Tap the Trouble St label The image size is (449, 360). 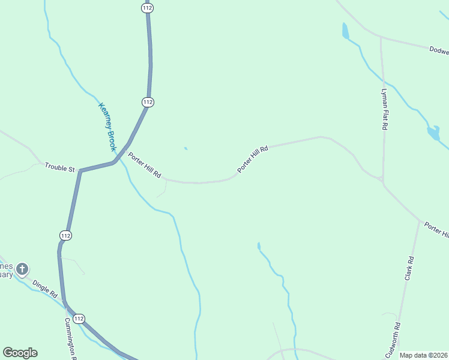[x=59, y=168]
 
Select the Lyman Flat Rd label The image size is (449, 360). [x=385, y=110]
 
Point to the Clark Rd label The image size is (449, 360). [x=409, y=268]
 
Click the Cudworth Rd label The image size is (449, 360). [x=397, y=340]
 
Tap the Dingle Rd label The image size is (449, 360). [x=45, y=289]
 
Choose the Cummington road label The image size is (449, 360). [x=70, y=337]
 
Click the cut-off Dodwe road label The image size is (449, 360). [x=439, y=50]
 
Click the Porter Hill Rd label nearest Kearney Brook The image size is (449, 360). [x=145, y=164]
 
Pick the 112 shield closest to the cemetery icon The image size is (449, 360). [x=65, y=236]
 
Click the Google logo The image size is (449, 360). [x=20, y=353]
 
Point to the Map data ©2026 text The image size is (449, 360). [x=423, y=355]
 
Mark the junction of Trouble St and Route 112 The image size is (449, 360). [x=80, y=171]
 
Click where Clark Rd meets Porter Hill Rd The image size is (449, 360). [x=419, y=220]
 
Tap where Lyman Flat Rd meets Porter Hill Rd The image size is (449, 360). [x=382, y=179]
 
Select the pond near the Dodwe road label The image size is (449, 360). [x=345, y=31]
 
